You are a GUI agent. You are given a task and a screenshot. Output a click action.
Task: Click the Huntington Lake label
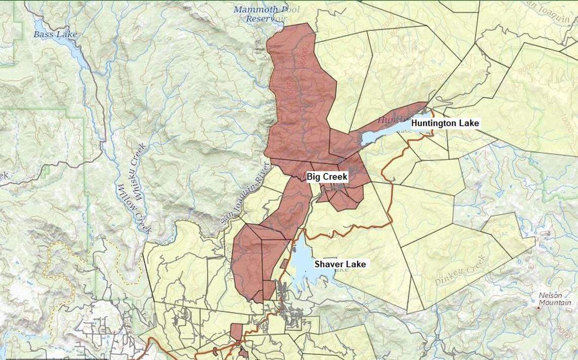(445, 123)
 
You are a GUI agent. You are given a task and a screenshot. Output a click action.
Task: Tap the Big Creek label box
(327, 176)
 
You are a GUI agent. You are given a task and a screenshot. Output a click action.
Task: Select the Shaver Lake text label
(340, 264)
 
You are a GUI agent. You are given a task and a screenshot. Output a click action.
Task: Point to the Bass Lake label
(55, 34)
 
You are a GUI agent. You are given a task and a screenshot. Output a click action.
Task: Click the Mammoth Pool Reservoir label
(267, 14)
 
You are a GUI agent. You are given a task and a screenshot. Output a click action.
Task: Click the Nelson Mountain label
(554, 299)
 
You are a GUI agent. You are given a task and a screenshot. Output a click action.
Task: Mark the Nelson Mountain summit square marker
(538, 308)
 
